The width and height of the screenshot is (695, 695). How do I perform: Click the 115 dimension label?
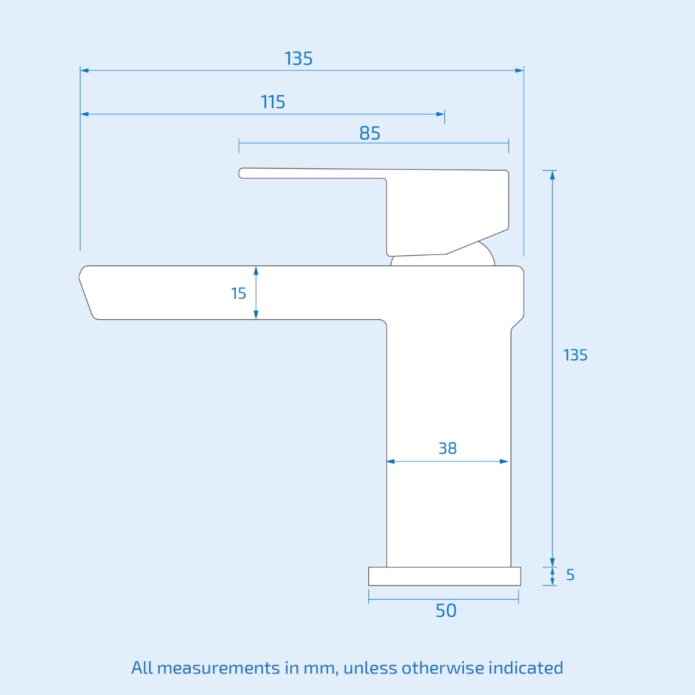pyautogui.click(x=273, y=102)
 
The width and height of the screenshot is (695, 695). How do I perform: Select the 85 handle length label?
pyautogui.click(x=370, y=133)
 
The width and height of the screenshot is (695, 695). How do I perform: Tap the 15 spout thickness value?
pyautogui.click(x=239, y=294)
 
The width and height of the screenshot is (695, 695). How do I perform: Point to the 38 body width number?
pyautogui.click(x=447, y=448)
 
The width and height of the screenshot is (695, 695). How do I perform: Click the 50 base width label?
pyautogui.click(x=446, y=610)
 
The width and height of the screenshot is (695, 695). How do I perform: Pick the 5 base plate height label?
pyautogui.click(x=570, y=575)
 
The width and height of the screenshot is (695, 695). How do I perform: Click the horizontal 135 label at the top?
pyautogui.click(x=298, y=58)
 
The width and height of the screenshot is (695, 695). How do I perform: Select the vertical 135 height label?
pyautogui.click(x=575, y=355)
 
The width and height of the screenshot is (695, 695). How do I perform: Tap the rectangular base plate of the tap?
pyautogui.click(x=444, y=576)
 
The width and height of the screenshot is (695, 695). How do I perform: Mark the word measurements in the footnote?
pyautogui.click(x=218, y=668)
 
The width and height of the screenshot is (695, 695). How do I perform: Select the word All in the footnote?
pyautogui.click(x=141, y=668)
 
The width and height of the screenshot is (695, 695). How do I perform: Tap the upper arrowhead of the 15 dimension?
pyautogui.click(x=256, y=271)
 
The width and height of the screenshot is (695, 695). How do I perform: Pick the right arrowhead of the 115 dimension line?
pyautogui.click(x=440, y=114)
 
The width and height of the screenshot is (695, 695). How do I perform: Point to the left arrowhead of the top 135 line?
pyautogui.click(x=85, y=71)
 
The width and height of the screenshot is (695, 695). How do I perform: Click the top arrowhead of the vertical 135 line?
pyautogui.click(x=553, y=175)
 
